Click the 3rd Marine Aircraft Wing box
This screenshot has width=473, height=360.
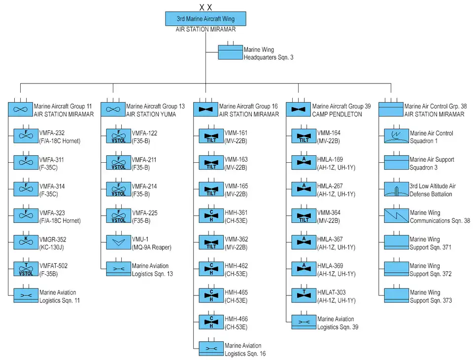[x=205, y=19]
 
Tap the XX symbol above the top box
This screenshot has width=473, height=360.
[x=206, y=7]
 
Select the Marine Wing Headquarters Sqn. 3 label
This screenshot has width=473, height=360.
[x=269, y=53]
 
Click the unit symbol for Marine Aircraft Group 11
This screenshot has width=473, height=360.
[x=20, y=109]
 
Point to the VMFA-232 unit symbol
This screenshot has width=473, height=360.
[x=26, y=136]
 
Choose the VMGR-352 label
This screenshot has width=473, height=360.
[x=53, y=244]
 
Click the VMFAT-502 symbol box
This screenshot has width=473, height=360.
[x=26, y=269]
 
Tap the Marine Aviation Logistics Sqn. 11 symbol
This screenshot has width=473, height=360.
[x=26, y=295]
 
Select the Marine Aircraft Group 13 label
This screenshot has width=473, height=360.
[x=155, y=107]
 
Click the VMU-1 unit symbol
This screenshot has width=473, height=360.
[x=119, y=242]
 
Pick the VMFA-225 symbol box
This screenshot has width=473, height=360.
[x=119, y=216]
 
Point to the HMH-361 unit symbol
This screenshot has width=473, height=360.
[x=211, y=216]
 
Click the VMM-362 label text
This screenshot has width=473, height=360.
[x=236, y=243]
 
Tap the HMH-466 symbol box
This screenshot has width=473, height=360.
[x=211, y=322]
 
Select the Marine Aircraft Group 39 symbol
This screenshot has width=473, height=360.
[x=299, y=109]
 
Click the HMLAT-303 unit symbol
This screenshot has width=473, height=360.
[x=304, y=295]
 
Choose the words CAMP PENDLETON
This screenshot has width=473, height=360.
[x=337, y=114]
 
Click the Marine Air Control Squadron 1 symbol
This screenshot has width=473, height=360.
[x=396, y=136]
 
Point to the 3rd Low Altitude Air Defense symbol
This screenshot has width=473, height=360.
[x=396, y=189]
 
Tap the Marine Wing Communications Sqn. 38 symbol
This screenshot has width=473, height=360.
[x=396, y=216]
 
